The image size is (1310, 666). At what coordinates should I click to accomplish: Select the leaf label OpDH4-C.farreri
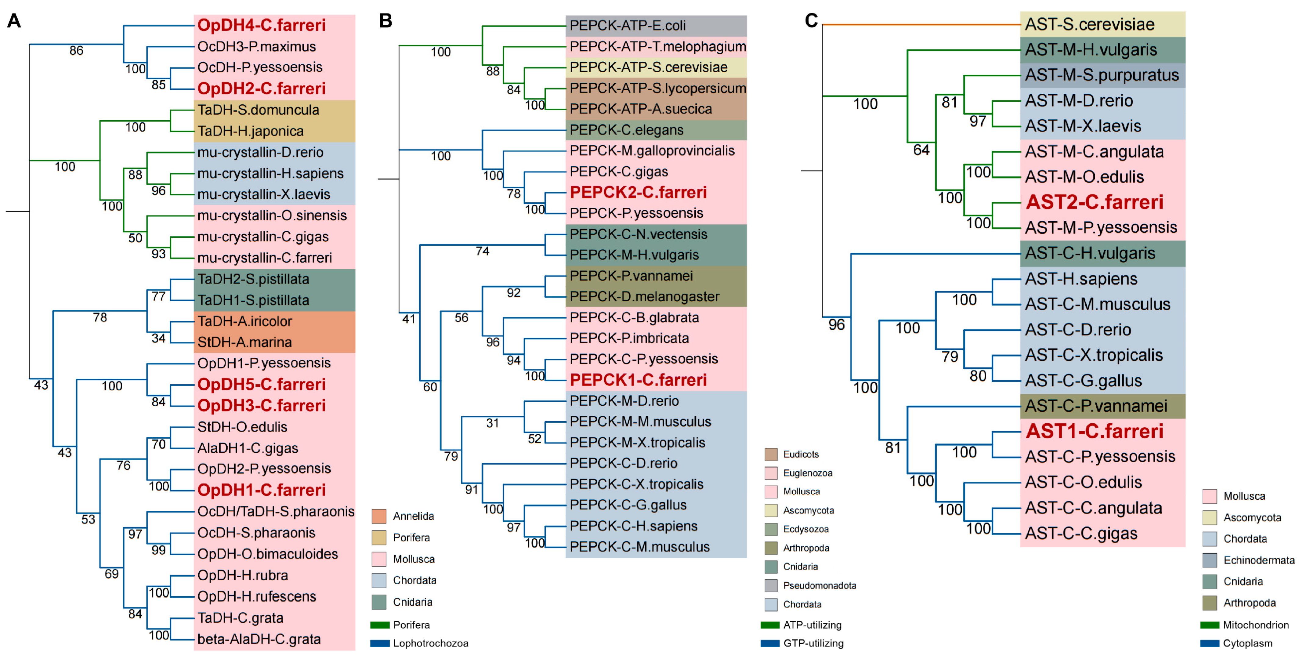click(261, 25)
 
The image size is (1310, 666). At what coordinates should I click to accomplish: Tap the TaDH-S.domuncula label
click(258, 110)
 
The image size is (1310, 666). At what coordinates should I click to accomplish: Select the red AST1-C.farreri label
click(1094, 431)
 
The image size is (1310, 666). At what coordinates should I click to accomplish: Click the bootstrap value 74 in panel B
click(482, 251)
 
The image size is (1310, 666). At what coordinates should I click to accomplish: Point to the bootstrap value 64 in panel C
click(921, 150)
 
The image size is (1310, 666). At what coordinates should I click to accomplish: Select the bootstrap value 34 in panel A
click(159, 338)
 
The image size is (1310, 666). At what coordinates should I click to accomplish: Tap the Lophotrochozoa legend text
click(430, 643)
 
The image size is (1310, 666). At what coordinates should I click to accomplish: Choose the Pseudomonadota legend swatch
click(771, 585)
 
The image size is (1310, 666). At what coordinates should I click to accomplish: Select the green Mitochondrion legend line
click(1209, 625)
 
